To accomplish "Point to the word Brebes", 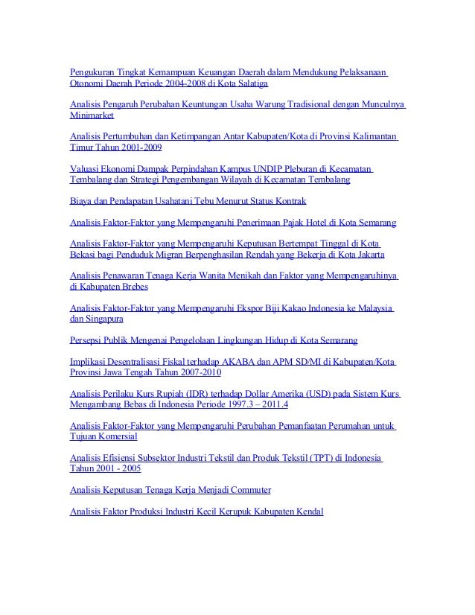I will coord(133,287).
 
